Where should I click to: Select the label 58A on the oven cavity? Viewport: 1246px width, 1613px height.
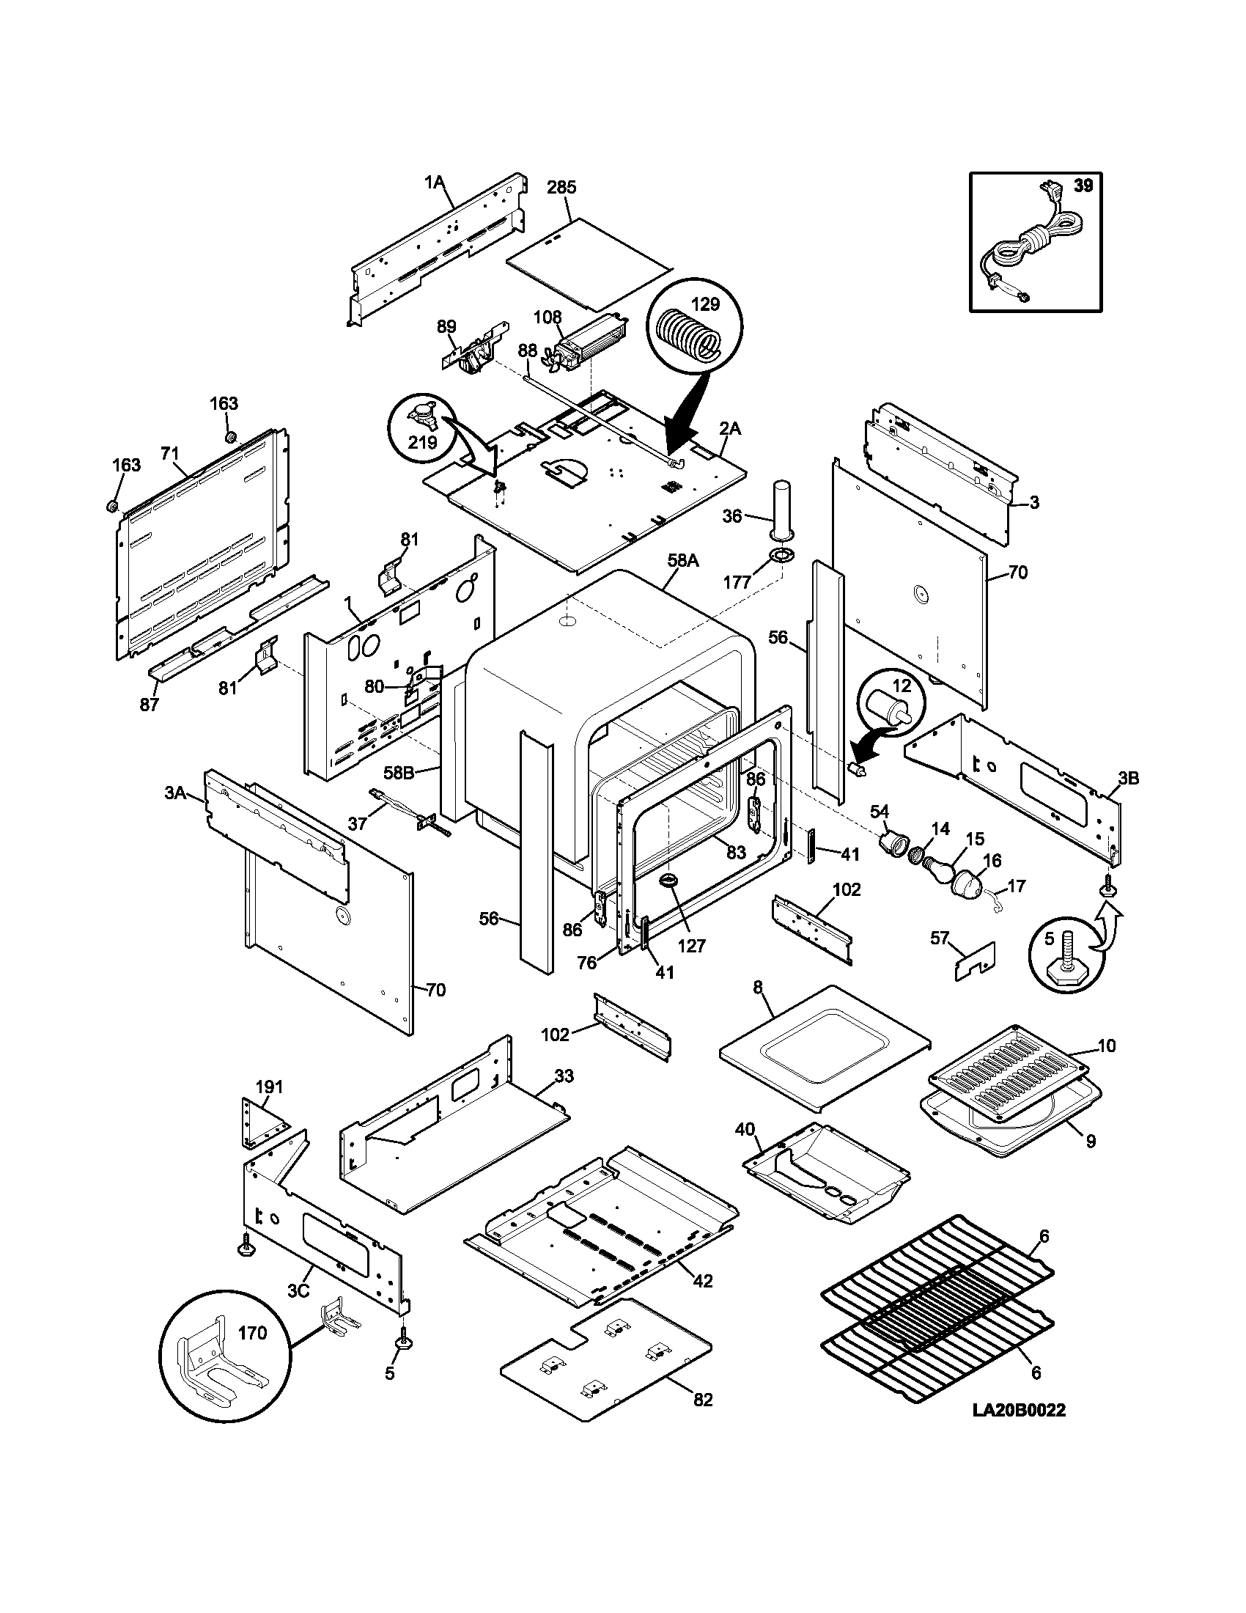point(683,561)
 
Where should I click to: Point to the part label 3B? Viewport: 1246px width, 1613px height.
point(1128,779)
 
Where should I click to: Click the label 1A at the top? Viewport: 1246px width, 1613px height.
point(435,182)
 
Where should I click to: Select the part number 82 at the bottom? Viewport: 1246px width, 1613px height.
point(703,1400)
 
